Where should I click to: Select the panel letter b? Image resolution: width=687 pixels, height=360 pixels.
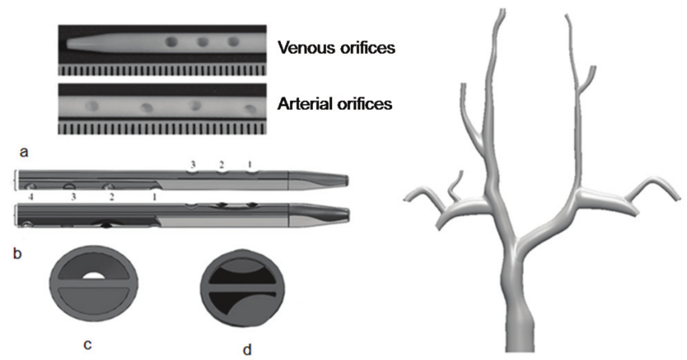17,251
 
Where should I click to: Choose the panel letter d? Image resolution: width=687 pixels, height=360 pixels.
246,349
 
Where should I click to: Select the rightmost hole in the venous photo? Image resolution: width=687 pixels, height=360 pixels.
233,42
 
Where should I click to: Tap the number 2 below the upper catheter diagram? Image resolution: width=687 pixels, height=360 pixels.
112,197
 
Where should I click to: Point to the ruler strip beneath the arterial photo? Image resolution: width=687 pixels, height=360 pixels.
162,128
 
